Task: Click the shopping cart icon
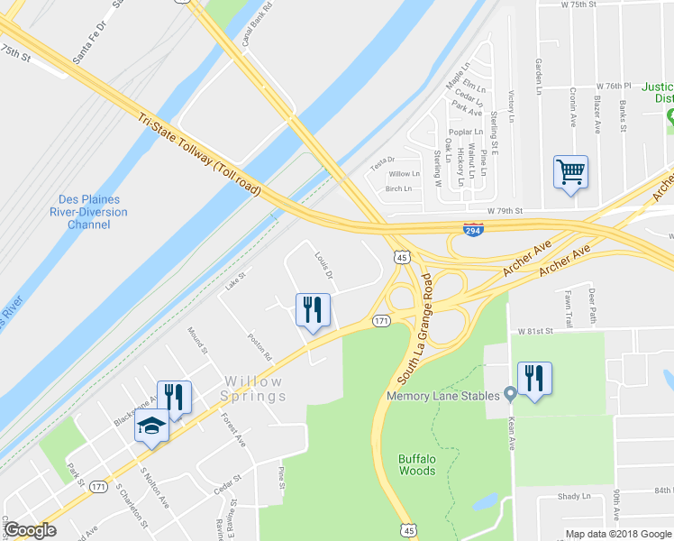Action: (571, 170)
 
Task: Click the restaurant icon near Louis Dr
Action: (313, 310)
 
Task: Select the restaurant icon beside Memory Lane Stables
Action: (534, 379)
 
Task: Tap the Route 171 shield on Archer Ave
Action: (381, 320)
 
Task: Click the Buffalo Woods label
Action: (417, 464)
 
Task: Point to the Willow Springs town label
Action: (255, 389)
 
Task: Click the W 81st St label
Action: (536, 332)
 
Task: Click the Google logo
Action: (30, 529)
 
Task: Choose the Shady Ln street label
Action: (574, 496)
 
